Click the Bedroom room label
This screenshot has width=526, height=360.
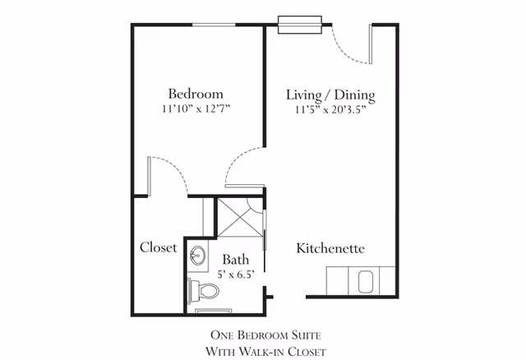tap(196, 94)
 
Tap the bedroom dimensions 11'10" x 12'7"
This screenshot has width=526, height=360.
tap(196, 108)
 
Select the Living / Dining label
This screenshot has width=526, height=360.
tap(330, 95)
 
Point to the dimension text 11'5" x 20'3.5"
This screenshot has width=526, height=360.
tap(330, 109)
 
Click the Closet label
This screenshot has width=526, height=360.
tap(159, 247)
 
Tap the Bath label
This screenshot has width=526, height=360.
tap(236, 260)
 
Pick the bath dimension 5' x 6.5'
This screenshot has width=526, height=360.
tap(236, 275)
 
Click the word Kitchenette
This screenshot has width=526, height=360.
tap(330, 248)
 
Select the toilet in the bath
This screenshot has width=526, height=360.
tap(203, 291)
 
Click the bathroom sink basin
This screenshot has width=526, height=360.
tap(198, 256)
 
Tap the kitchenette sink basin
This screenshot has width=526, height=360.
tap(366, 282)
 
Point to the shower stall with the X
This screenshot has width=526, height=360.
tap(239, 217)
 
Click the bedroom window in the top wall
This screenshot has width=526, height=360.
tap(214, 25)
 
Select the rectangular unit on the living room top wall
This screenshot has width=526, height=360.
tap(300, 25)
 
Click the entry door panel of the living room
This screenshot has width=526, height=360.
tap(371, 44)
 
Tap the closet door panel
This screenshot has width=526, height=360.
tap(149, 176)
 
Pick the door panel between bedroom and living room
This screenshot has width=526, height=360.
tap(245, 186)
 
